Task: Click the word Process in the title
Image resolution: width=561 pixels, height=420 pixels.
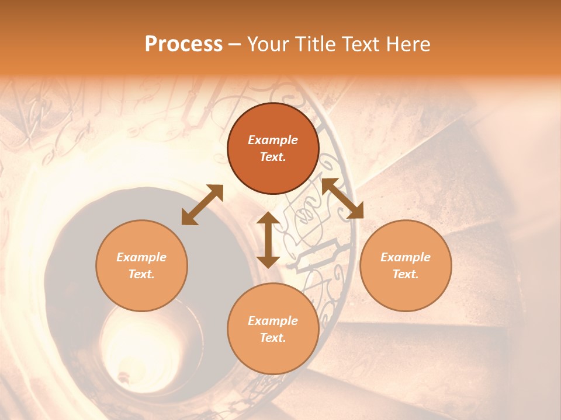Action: pos(183,44)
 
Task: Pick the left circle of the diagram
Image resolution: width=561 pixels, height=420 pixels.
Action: pos(141,265)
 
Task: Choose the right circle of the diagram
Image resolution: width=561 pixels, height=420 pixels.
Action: pos(406,265)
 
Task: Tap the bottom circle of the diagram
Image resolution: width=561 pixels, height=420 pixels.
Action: pos(273,329)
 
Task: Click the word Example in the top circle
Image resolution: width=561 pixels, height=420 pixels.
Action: pos(273,140)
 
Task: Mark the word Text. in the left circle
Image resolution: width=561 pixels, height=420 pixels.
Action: pos(141,274)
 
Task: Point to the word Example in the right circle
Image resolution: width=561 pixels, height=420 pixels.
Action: pos(406,257)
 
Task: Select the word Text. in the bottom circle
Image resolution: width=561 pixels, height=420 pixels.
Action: pos(273,338)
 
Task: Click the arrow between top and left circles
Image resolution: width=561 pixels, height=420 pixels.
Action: pos(202,204)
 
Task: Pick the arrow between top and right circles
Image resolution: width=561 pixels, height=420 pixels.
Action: pos(342,198)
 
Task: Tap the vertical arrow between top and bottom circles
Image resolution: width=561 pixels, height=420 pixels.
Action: pos(268,240)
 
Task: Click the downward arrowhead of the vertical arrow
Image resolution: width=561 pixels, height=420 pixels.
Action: pos(268,261)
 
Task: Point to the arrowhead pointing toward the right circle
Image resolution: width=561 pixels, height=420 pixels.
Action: pos(356,212)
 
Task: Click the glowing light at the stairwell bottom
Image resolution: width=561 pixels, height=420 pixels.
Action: pos(124,373)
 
